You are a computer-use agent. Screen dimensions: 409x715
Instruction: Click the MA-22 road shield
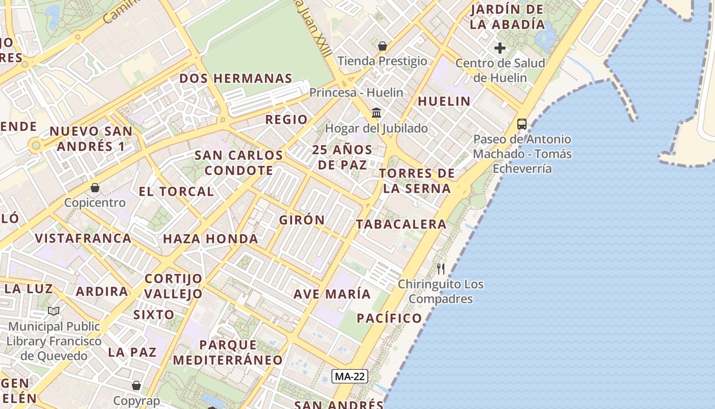(350, 377)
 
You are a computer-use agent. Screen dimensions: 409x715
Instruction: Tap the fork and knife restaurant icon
(441, 268)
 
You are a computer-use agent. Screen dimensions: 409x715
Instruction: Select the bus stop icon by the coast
(521, 124)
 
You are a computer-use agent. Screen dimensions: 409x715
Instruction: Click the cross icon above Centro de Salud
(500, 48)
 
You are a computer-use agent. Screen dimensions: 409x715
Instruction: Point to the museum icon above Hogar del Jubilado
(376, 112)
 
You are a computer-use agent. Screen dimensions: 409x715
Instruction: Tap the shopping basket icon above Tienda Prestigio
(383, 47)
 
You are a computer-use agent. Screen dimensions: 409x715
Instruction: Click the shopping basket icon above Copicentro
(95, 188)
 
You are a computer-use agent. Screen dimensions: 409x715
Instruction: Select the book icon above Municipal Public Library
(54, 311)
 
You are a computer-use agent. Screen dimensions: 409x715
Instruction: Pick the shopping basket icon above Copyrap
(136, 385)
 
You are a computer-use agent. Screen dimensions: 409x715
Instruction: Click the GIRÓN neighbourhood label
(302, 220)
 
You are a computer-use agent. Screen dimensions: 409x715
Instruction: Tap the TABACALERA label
(401, 224)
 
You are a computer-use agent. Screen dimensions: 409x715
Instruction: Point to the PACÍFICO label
(389, 318)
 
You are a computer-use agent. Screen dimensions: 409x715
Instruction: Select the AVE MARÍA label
(332, 294)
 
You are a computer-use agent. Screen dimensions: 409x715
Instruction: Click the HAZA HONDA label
(210, 239)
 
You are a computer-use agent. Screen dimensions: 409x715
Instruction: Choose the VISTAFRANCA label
(83, 238)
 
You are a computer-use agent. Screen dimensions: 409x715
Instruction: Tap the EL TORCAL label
(176, 192)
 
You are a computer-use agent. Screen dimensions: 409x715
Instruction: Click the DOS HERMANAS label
(235, 79)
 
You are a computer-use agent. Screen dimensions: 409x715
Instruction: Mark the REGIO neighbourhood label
(287, 120)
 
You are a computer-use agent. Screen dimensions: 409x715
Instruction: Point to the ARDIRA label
(102, 291)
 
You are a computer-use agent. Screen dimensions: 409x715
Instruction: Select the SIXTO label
(154, 314)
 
